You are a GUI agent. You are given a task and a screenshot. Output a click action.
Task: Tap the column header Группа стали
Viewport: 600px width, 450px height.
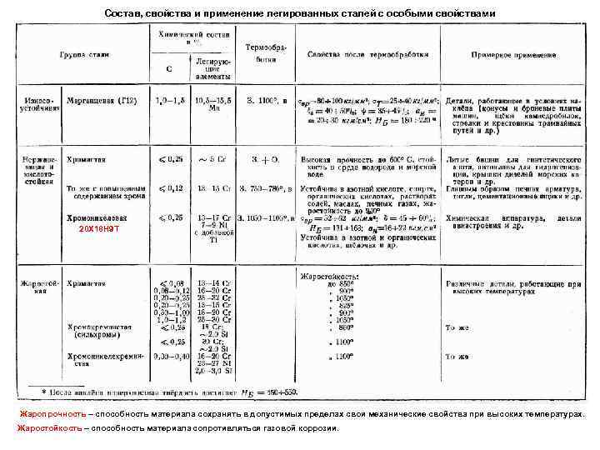pyautogui.click(x=84, y=54)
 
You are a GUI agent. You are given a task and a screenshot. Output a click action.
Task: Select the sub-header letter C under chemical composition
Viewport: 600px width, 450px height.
pyautogui.click(x=168, y=69)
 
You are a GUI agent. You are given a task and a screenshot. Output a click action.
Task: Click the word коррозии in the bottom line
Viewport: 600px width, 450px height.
pyautogui.click(x=317, y=428)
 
